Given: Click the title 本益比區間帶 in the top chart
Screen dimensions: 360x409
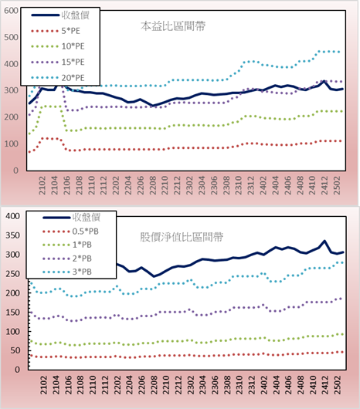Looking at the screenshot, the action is [173, 26].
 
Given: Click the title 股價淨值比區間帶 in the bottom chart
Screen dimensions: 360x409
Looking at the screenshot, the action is [182, 237].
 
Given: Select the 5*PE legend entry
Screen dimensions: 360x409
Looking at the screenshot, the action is [56, 31].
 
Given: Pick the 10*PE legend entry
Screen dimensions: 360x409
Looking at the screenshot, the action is [58, 46].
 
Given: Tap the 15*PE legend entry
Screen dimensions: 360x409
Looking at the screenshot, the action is [58, 62].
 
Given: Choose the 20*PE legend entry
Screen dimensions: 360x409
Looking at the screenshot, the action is [58, 78].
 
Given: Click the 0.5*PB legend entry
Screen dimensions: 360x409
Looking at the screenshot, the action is [70, 232].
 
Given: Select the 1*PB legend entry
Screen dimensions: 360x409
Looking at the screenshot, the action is [67, 245].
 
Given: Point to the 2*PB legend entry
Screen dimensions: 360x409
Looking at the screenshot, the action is [67, 259].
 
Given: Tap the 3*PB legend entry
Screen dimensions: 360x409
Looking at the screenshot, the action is [67, 272].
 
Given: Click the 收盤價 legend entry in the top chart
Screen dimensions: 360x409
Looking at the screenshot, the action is [60, 15].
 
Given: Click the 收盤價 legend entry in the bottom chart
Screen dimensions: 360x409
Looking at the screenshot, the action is [72, 218].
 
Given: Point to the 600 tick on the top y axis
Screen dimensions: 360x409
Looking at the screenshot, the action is [12, 11].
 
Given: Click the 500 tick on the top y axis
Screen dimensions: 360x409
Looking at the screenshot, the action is [12, 37].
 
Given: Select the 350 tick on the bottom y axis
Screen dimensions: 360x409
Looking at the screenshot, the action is [13, 235].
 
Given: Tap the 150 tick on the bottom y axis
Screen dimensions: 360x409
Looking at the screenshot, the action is [13, 313].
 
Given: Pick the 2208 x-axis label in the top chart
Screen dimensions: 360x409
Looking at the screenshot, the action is [153, 185].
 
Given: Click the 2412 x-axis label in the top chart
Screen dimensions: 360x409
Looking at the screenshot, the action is [324, 185].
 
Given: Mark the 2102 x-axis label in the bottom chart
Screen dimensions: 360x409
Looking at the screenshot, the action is [44, 385].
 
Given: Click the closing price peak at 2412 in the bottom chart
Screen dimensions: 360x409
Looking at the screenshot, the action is [324, 241].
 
